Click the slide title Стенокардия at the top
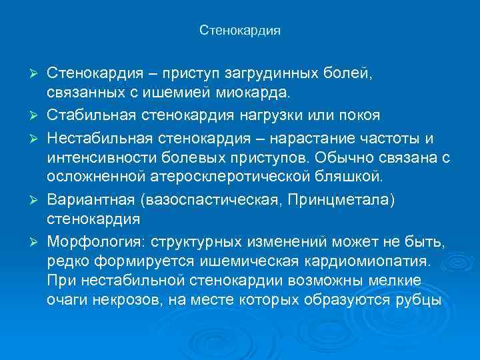coord(240,31)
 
